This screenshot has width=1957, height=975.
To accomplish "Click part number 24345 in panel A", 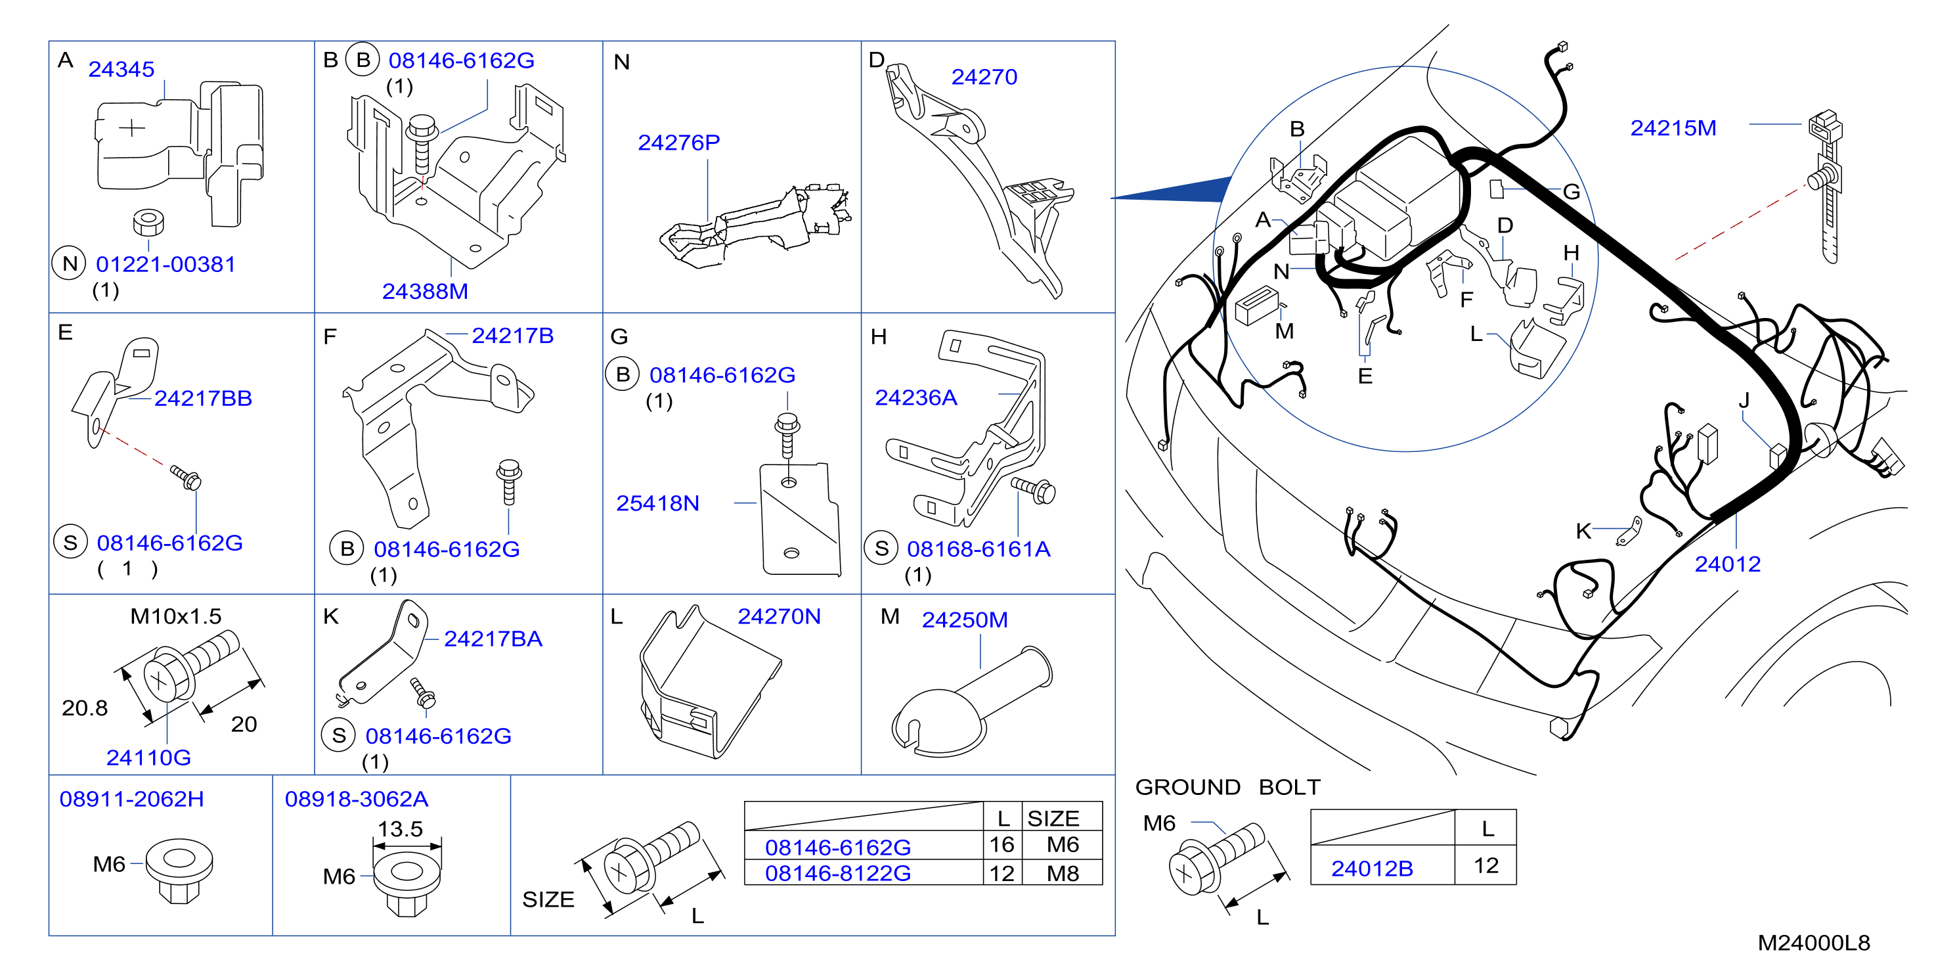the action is [121, 69].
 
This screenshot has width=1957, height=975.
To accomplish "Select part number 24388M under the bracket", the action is [425, 291].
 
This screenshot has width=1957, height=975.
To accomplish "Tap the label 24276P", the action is [678, 142].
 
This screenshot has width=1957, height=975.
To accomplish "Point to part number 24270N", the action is [779, 616].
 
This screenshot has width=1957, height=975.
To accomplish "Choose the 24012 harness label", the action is [1728, 564].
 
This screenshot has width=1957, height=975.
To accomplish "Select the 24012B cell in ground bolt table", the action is [1372, 868].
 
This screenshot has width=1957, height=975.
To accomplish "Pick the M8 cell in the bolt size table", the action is [1062, 873].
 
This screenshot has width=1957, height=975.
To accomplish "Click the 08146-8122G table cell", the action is [837, 873].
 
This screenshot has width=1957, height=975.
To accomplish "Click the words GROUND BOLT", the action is [1227, 786].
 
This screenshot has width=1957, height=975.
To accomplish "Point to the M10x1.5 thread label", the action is [175, 616].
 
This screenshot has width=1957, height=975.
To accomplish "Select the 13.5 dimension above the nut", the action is [401, 828].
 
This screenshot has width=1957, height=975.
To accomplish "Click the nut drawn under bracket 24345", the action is [148, 222].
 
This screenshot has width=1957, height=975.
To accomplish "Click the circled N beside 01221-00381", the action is [69, 263].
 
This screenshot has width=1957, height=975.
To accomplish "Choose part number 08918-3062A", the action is [357, 799].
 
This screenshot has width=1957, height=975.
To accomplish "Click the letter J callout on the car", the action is [1744, 401].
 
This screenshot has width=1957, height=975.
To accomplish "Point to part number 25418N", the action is [657, 503].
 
